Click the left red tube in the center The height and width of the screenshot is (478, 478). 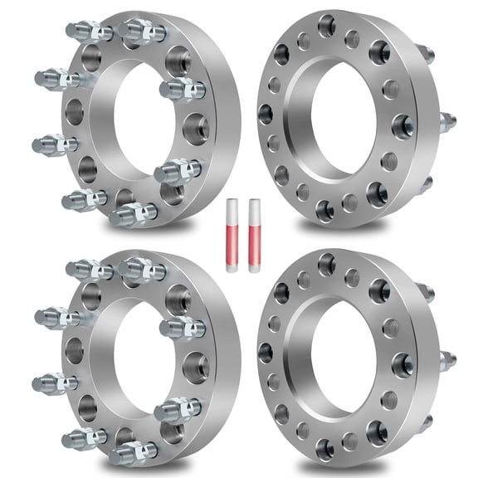tap(229, 236)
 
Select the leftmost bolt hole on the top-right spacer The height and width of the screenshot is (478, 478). tap(266, 114)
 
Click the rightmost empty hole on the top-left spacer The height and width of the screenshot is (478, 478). tap(196, 129)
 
